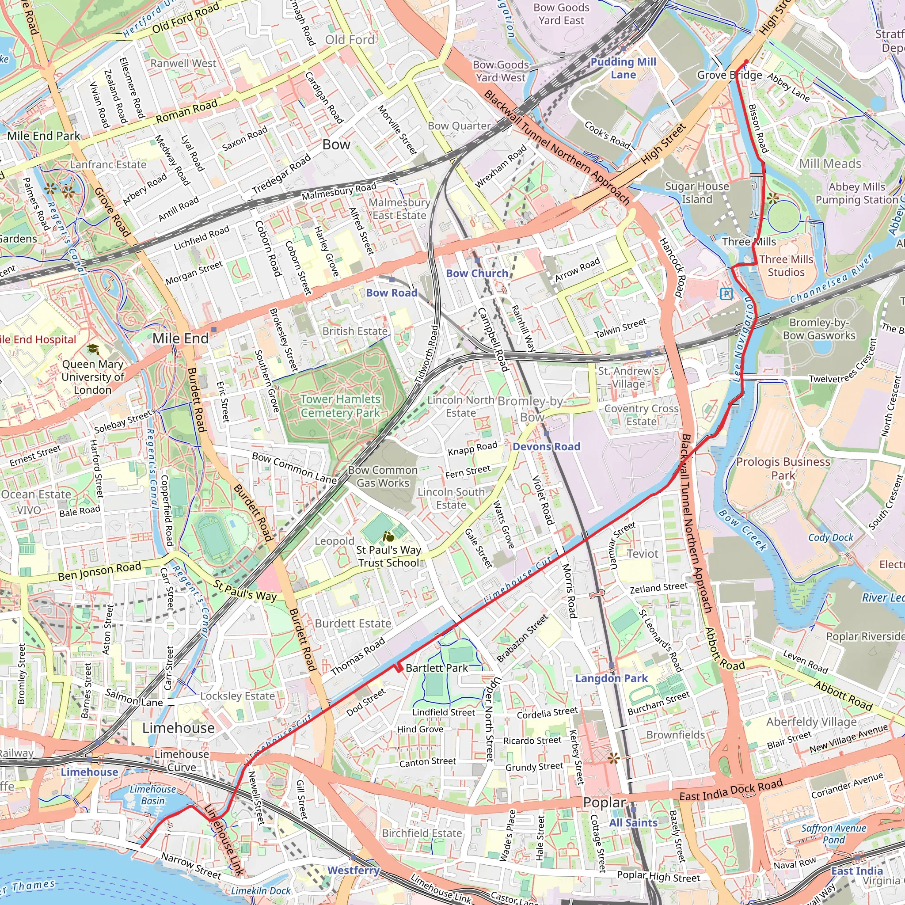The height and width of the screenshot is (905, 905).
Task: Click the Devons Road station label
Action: pos(546,446)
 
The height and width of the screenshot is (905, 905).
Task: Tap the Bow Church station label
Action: pos(477,273)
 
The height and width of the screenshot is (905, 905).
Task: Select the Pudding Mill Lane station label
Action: pos(623,68)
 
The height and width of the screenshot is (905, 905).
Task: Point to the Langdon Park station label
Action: pos(611,678)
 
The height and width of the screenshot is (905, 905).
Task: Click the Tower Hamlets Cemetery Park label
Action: pos(340,406)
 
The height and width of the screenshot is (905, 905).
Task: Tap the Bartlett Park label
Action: pos(437,668)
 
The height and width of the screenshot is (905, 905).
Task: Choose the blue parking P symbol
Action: pos(726,294)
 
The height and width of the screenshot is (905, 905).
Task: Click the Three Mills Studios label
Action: pos(786,266)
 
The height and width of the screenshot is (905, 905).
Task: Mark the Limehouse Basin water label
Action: pos(153,795)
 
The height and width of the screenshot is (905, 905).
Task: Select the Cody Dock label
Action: pos(830,537)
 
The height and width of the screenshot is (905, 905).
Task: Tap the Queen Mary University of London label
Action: pos(92,376)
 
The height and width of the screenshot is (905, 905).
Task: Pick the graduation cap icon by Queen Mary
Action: pos(93,349)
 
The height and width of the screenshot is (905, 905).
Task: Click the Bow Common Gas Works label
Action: pos(383,476)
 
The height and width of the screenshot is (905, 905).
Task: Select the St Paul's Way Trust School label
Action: pos(388,556)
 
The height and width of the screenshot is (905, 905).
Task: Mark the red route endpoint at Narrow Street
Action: pos(141,846)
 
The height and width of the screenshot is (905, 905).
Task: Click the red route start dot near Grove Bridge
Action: pos(746,61)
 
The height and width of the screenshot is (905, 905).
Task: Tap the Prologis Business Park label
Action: pos(783,468)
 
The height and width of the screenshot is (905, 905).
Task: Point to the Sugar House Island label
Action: pos(697,193)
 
